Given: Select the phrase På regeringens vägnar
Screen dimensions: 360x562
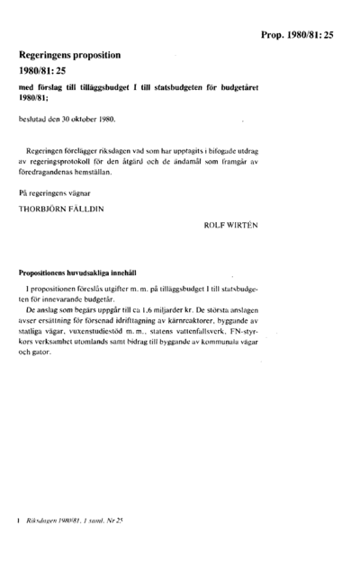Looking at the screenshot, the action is pos(54,192).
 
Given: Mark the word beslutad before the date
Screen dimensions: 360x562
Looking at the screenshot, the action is pos(36,118).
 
